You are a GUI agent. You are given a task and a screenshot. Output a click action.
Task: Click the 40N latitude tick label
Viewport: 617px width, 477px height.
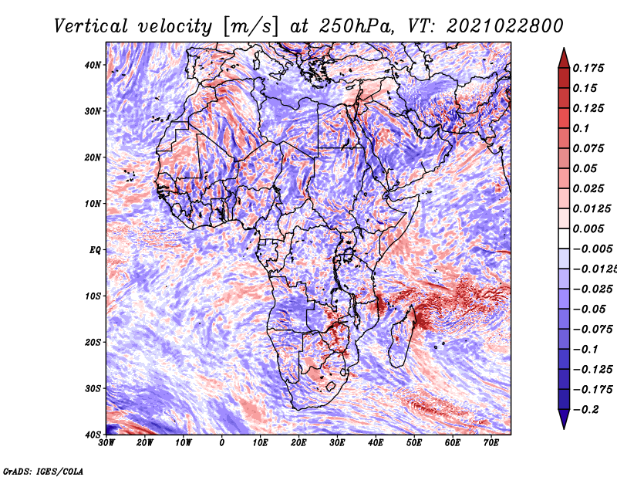[93, 65]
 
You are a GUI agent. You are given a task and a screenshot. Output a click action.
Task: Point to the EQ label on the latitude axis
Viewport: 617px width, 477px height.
[95, 250]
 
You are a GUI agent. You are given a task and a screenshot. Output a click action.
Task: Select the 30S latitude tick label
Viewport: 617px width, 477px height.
[93, 388]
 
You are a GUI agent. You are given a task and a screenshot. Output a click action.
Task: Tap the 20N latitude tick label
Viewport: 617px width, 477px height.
[93, 157]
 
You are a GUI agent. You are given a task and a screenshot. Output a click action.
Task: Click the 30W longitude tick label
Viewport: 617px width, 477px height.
[106, 443]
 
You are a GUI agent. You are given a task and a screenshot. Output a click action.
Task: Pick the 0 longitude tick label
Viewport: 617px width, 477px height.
[222, 443]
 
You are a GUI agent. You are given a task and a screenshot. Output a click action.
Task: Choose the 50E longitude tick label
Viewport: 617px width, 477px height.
[414, 443]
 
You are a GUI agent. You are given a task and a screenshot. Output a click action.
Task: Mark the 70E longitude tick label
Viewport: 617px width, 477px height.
[491, 443]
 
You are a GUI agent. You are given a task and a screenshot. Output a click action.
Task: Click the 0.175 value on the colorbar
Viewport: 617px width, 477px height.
[588, 69]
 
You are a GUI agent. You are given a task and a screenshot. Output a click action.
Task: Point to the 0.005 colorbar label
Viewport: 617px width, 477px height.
[588, 228]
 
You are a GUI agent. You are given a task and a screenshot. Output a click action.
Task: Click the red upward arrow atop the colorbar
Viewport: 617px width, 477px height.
[564, 59]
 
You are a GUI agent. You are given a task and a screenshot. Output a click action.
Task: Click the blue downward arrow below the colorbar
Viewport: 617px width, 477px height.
[564, 418]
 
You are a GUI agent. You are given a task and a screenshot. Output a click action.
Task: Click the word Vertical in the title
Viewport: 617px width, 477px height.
[91, 26]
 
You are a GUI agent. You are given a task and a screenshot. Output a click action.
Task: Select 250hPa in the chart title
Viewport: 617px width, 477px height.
[356, 26]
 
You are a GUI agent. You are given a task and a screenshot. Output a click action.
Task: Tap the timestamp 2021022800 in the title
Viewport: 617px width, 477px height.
[505, 26]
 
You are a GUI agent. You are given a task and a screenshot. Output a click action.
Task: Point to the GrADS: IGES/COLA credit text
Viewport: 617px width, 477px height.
[43, 471]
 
